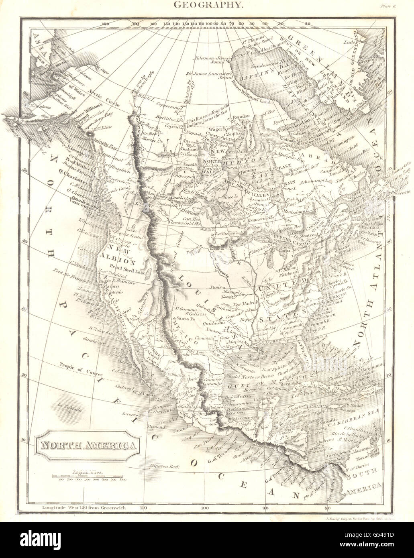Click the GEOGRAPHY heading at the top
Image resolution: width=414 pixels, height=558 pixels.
pyautogui.click(x=207, y=5)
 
